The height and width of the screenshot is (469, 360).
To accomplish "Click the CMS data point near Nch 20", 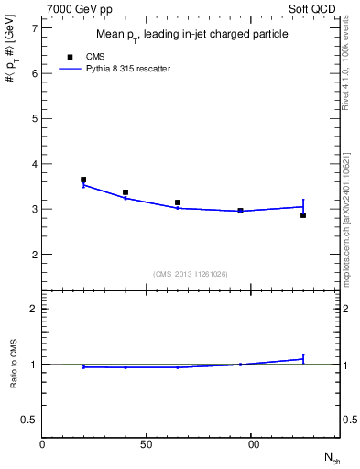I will point(83,180).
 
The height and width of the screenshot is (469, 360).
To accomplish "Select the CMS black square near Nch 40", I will point(125,192).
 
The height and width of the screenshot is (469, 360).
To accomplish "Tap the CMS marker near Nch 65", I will point(178,202).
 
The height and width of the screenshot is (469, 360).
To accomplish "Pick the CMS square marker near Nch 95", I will point(240,211).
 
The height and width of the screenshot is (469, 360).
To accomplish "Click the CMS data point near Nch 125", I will point(303,215).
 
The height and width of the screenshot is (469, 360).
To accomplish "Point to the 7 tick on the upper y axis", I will point(34,28).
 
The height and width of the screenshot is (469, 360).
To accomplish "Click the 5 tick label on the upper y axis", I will point(34,119).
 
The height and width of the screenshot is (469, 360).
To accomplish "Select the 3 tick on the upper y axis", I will point(34,209).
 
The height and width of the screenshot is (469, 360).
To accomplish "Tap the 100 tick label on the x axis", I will point(251,443).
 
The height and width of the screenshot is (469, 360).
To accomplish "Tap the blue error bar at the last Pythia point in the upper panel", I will point(303,205).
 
